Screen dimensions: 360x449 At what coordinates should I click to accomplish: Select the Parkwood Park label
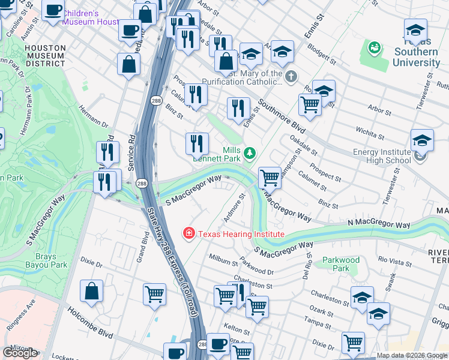coord(340,264)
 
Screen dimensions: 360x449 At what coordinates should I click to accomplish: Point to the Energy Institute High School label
coord(382,156)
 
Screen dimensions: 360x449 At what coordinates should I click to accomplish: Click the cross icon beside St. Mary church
coord(291,77)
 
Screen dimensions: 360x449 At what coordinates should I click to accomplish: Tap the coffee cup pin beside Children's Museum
coord(53,10)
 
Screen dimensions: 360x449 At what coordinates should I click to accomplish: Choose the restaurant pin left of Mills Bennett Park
coord(197,143)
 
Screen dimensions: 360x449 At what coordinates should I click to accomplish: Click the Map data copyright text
coord(411,355)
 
